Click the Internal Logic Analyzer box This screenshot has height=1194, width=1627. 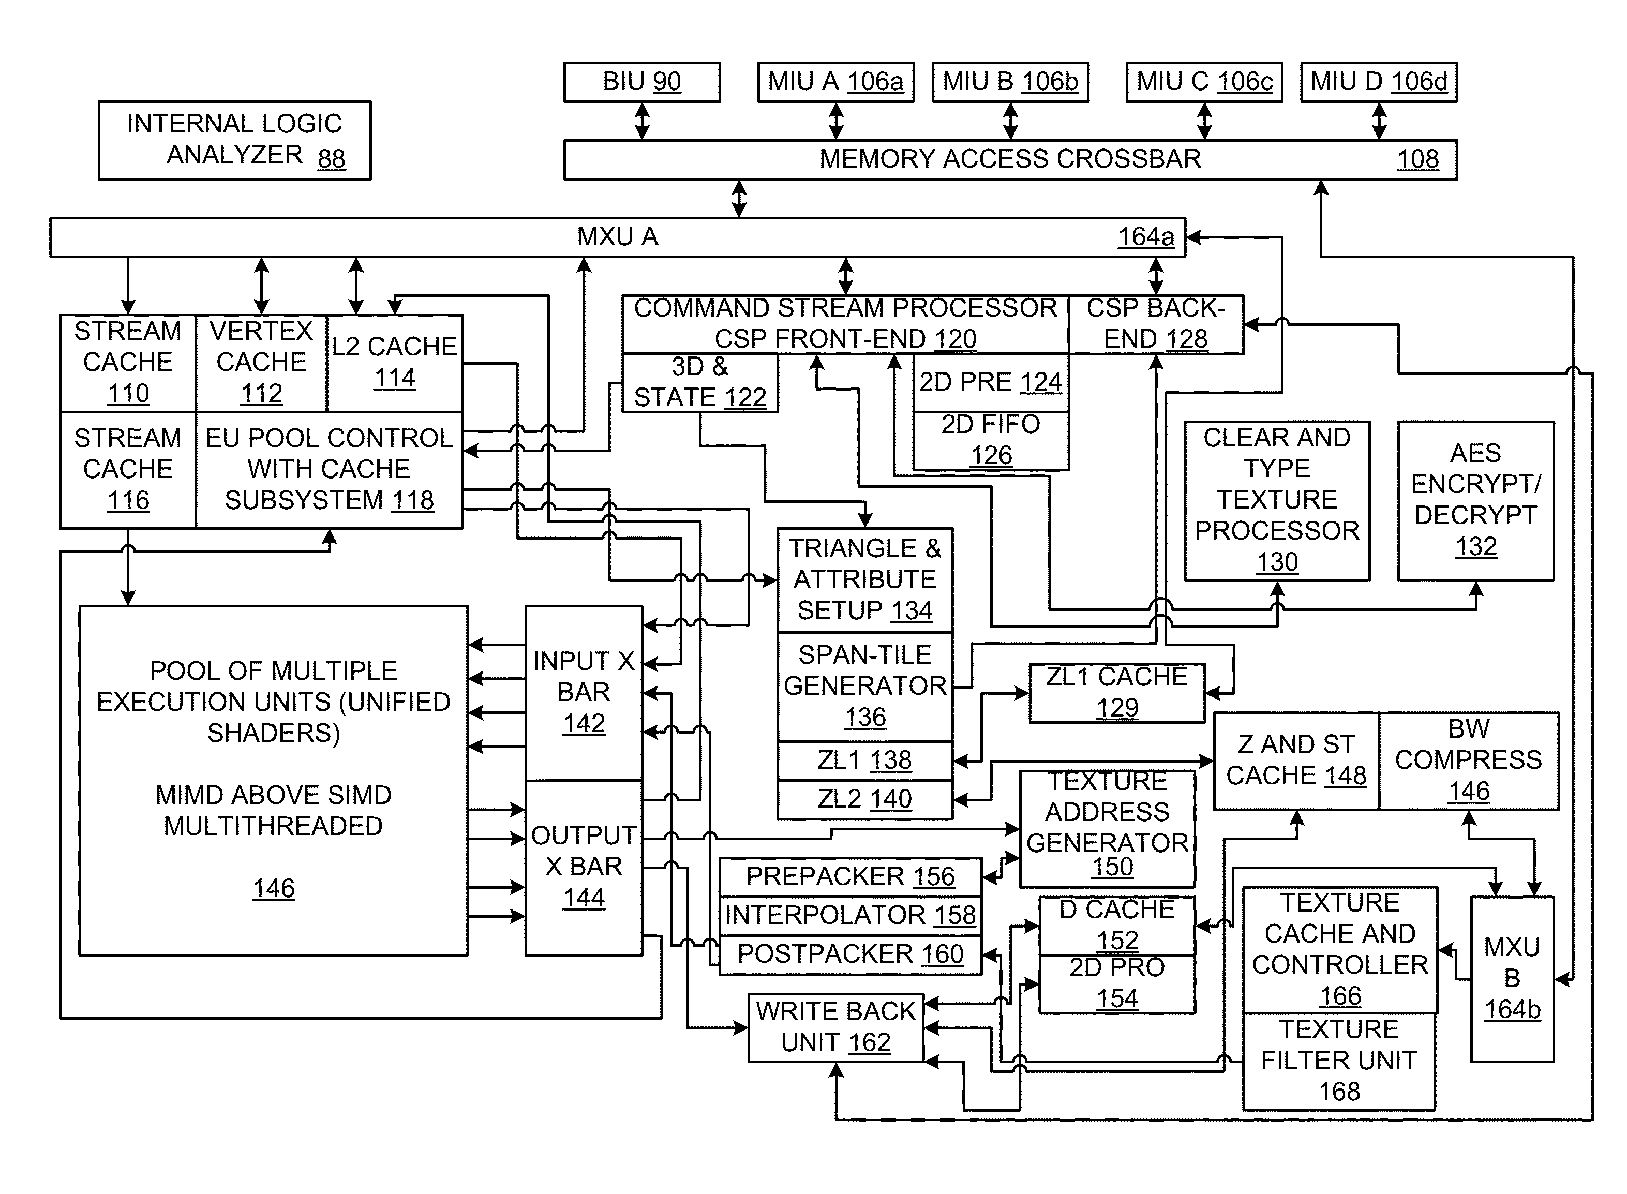[x=234, y=140]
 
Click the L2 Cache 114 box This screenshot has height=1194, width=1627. [x=395, y=362]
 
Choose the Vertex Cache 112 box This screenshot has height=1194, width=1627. [x=261, y=362]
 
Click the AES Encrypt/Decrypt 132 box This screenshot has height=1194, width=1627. [x=1475, y=500]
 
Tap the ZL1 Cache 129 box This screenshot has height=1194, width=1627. [x=1117, y=692]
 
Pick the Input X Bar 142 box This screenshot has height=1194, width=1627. [x=584, y=692]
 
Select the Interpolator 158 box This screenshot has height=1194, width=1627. [x=850, y=916]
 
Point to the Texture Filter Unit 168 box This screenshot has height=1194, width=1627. [x=1339, y=1061]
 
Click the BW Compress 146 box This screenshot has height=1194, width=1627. [x=1468, y=760]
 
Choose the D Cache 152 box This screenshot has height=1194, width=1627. [x=1117, y=925]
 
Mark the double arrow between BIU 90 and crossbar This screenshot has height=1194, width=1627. [x=642, y=121]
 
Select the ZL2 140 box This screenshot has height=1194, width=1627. [x=864, y=799]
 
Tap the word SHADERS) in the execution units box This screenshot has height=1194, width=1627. [x=273, y=733]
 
